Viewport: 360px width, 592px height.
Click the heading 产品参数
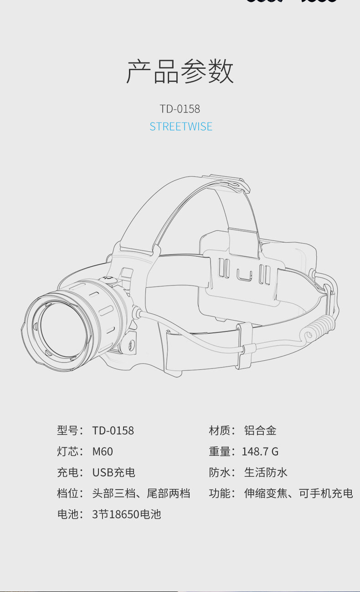[180, 71]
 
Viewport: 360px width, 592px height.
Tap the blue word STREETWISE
[181, 127]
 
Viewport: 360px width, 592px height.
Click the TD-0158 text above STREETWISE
[180, 109]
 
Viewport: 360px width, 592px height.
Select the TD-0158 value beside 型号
[113, 431]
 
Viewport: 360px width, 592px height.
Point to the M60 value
[103, 452]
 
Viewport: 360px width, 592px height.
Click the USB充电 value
[114, 473]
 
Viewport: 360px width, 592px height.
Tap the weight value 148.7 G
[260, 452]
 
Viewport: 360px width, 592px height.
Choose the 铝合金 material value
[260, 431]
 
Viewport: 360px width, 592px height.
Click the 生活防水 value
[266, 473]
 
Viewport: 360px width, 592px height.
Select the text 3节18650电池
[126, 514]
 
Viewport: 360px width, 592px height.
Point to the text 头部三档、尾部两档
[141, 494]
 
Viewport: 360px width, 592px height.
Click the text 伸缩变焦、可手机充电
[298, 494]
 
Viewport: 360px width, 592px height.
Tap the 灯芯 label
[68, 452]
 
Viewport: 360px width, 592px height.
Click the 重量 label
[220, 452]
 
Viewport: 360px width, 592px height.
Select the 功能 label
[220, 494]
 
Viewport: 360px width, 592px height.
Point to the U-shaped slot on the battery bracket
[244, 275]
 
